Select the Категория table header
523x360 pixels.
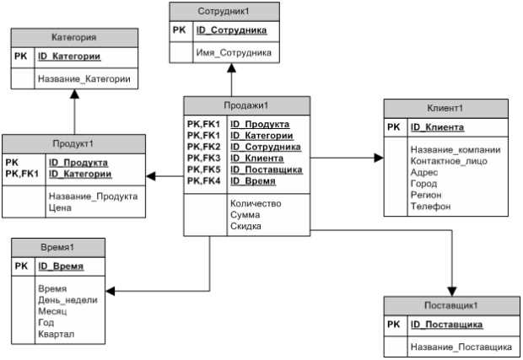(73, 37)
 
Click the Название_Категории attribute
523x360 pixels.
(84, 78)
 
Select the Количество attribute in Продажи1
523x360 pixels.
(256, 203)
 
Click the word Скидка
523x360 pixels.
(245, 226)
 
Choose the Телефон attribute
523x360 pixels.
(430, 206)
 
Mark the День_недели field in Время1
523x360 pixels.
(67, 299)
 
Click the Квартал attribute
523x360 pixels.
(57, 335)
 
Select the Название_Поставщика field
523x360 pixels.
(461, 347)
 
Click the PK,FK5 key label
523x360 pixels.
(203, 169)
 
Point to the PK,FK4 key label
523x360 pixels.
(203, 180)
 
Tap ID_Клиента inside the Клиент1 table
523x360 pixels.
(437, 127)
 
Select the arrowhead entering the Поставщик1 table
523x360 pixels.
(454, 290)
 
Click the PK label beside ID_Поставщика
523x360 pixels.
(393, 324)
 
